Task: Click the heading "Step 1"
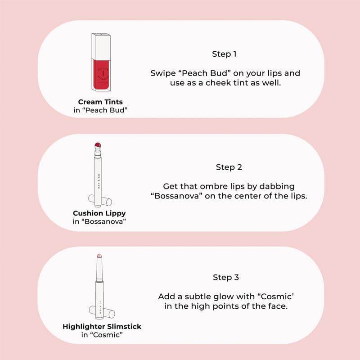pos(224,54)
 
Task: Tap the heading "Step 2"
pos(229,167)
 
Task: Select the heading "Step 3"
pos(225,277)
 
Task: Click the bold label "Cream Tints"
pos(101,102)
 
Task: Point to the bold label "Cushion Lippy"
pos(99,213)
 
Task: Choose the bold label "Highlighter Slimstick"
pos(102,326)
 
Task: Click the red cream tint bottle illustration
pos(101,73)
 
